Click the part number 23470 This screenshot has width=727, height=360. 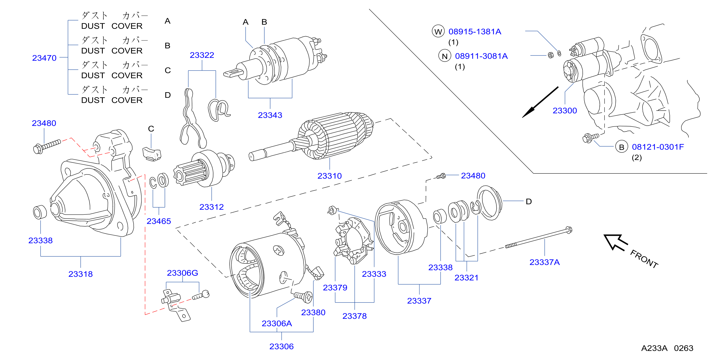click(44, 58)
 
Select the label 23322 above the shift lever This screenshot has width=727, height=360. click(202, 55)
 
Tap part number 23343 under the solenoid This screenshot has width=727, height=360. click(270, 115)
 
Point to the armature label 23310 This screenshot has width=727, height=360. click(329, 176)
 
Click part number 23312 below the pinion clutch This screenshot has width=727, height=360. click(211, 207)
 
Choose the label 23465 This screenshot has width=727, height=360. click(159, 221)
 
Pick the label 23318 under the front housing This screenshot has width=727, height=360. click(81, 274)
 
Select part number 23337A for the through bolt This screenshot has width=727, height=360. click(544, 262)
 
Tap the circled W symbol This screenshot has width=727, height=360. click(438, 31)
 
